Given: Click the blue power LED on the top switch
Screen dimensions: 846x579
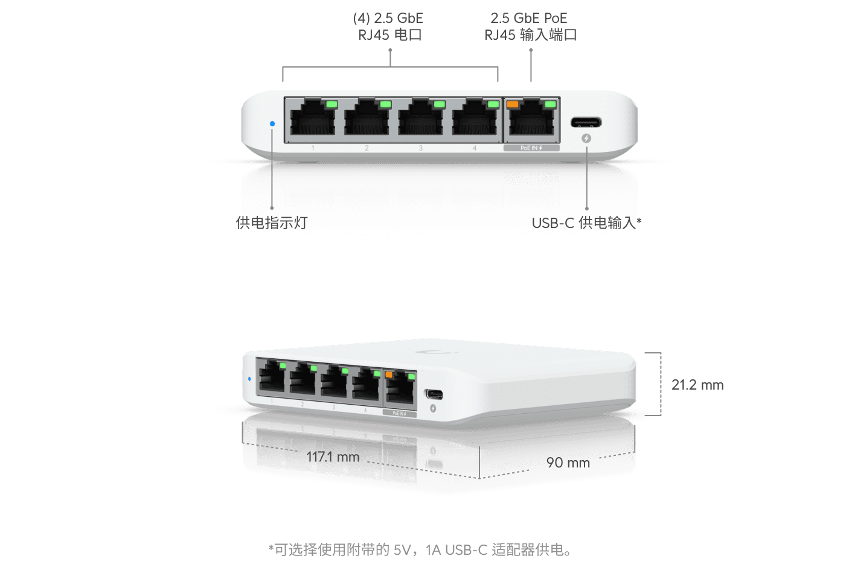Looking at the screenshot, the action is (272, 124).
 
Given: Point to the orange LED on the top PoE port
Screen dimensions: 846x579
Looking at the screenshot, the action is (513, 104).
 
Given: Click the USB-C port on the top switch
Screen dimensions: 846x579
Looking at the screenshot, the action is (586, 123).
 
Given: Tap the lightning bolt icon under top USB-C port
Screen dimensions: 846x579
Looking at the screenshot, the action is (586, 139).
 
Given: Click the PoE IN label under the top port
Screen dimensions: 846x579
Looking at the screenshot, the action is (531, 148).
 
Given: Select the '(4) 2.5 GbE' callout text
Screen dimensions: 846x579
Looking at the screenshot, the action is (388, 19).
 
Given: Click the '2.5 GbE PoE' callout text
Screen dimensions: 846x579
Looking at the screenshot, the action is (529, 19).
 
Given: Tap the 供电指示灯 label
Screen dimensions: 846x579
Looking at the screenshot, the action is (272, 223).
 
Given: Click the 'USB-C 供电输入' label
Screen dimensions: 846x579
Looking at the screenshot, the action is (586, 223).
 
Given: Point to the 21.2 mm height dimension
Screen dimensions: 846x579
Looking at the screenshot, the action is (697, 385).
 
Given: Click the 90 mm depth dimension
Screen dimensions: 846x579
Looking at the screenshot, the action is (568, 463).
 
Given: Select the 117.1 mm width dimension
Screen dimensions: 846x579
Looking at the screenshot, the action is (333, 457).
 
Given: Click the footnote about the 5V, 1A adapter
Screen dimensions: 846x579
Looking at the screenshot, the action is (420, 549).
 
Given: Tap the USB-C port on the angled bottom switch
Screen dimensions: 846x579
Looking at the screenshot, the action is (434, 394).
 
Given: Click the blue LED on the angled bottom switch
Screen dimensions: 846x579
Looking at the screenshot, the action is (249, 379).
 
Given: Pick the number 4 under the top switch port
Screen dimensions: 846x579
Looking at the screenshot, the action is (475, 148).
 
